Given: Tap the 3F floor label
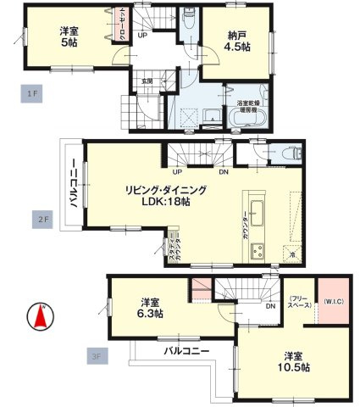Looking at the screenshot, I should point(94,357).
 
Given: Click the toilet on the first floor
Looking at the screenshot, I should point(187,19).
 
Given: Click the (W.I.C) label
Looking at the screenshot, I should point(333,302).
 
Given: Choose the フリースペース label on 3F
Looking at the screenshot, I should point(298,302).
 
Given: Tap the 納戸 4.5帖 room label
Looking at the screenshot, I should point(238,42).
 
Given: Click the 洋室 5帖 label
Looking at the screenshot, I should point(70,38).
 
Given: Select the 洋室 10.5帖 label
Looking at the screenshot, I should point(296,362).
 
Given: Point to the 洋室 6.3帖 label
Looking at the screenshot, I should point(152,307).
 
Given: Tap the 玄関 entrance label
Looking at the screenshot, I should point(147,81).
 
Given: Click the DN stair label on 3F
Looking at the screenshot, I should point(269,307).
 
